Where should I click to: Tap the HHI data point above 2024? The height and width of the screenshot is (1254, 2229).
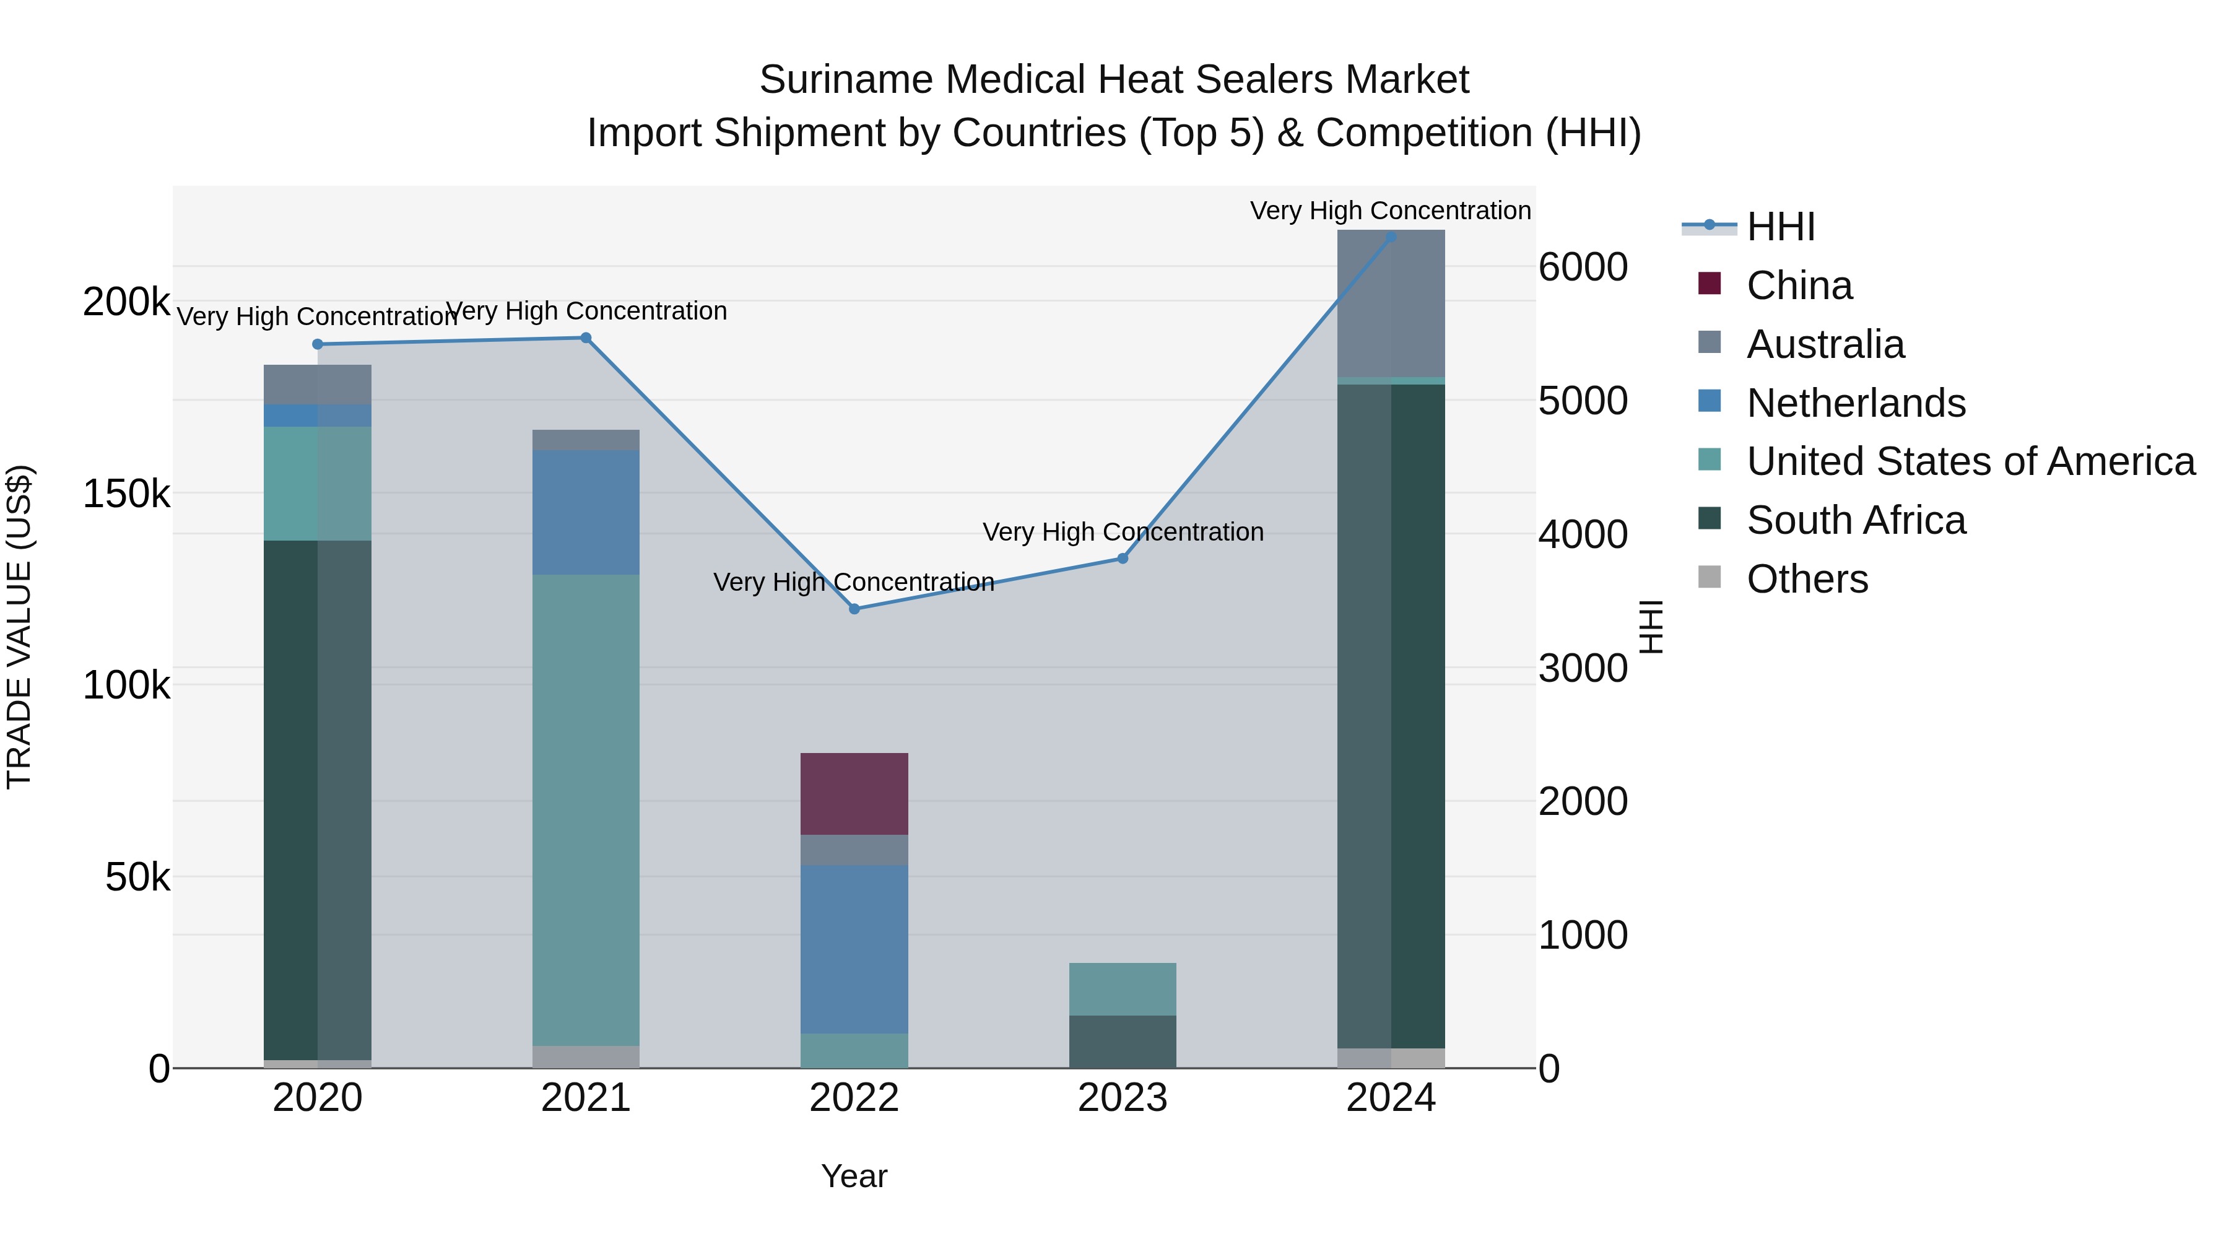point(1391,237)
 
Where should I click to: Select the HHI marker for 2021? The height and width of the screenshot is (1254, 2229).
point(586,337)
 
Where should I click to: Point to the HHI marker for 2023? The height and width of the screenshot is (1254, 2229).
point(1123,558)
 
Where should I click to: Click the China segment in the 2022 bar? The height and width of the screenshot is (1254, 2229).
point(854,794)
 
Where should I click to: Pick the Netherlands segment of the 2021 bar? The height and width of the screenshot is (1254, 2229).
point(586,512)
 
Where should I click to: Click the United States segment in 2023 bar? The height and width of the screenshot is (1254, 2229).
point(1123,988)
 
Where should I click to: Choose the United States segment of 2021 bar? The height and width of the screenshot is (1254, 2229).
point(586,810)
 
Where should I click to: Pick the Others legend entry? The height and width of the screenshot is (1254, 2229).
point(1807,579)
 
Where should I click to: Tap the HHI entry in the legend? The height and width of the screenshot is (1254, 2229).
point(1780,227)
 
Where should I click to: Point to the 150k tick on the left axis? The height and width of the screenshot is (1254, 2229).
point(126,494)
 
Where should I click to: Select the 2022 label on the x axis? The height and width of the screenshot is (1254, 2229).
point(854,1098)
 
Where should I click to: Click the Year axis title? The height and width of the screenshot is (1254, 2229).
point(854,1176)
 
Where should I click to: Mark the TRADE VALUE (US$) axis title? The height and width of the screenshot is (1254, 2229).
point(19,627)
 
